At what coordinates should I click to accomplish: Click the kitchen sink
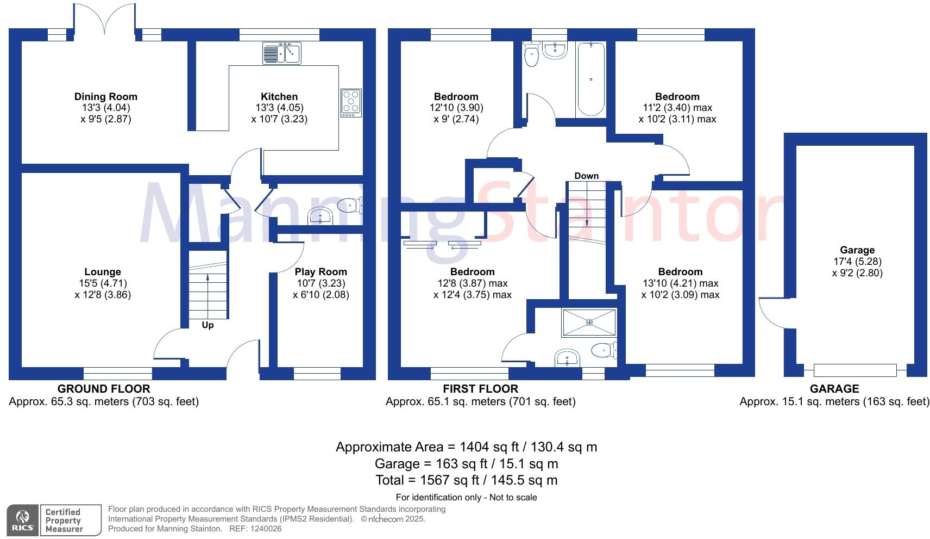click(x=282, y=53)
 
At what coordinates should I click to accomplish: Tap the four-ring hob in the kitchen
click(x=351, y=103)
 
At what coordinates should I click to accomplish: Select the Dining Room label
click(x=106, y=97)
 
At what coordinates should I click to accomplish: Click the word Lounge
click(x=103, y=272)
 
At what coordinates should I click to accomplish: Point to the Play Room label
click(x=321, y=272)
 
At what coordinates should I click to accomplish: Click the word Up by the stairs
click(x=208, y=325)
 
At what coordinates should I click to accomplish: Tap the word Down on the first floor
click(x=586, y=176)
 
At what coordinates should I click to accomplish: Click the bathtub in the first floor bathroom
click(x=591, y=78)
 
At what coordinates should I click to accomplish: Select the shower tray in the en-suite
click(x=589, y=323)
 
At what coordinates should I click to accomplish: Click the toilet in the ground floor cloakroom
click(x=350, y=205)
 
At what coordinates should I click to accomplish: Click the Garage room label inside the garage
click(x=857, y=250)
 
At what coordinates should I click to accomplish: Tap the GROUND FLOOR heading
click(x=104, y=389)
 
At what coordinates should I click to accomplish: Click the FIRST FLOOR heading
click(x=480, y=389)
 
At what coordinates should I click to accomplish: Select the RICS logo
click(x=23, y=521)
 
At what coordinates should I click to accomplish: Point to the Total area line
click(x=466, y=480)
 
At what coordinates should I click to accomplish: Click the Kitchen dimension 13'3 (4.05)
click(x=279, y=108)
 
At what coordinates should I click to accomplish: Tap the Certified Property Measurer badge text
click(x=64, y=521)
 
